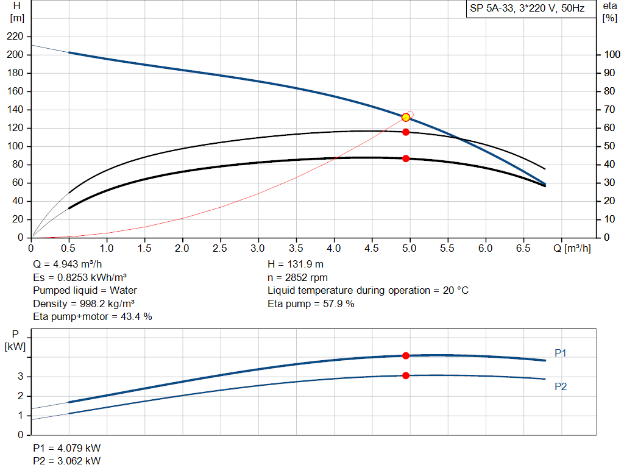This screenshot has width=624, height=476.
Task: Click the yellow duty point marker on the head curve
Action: (406, 117)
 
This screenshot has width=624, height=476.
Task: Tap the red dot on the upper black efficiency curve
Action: (406, 132)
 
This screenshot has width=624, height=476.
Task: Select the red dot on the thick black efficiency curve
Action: (406, 158)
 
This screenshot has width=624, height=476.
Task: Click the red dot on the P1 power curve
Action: (406, 355)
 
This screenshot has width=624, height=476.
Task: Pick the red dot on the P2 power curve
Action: (406, 375)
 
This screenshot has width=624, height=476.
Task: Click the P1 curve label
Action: (561, 353)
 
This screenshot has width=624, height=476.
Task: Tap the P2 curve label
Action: (561, 386)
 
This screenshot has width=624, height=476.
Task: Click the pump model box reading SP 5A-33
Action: (527, 9)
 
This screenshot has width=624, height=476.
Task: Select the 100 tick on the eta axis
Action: (611, 55)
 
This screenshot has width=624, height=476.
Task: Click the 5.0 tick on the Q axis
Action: (410, 248)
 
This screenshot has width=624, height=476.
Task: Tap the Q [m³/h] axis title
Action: (572, 248)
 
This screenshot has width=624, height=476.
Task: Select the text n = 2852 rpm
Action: (297, 278)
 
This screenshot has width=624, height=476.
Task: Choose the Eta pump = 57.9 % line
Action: (311, 304)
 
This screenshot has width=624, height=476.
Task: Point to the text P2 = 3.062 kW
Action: (67, 461)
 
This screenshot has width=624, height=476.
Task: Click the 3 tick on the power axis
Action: (20, 377)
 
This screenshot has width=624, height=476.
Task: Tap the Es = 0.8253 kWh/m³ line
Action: (80, 278)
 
